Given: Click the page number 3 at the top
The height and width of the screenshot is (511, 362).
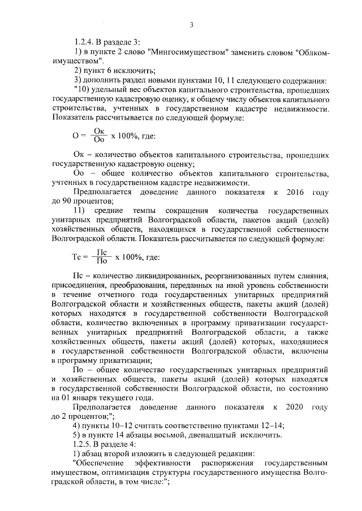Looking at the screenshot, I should (192, 24).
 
